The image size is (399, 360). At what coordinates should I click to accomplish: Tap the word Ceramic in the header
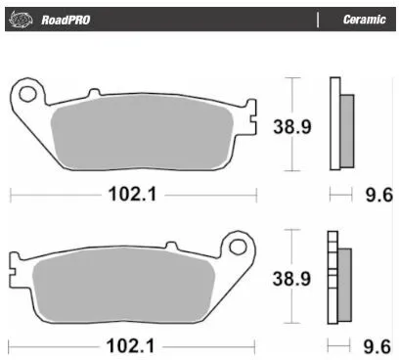coord(362,19)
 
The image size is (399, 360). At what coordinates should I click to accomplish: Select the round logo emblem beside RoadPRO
coord(24,19)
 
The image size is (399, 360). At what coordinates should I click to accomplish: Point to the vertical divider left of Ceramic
coord(318,19)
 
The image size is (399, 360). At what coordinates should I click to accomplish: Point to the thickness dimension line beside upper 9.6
coord(341,195)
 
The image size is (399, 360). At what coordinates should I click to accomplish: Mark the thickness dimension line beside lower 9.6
coord(341,345)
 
